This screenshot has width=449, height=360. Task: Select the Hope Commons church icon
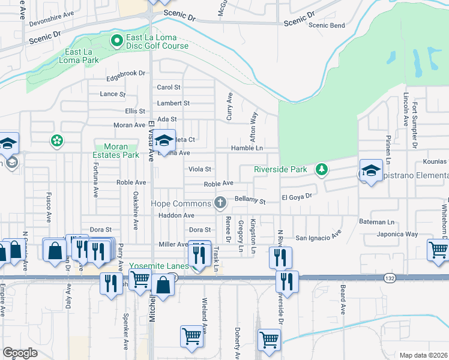tap(220, 202)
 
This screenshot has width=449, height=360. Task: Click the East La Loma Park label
tap(79, 56)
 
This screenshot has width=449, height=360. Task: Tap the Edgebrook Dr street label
tap(125, 73)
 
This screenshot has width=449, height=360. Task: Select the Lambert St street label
tap(173, 103)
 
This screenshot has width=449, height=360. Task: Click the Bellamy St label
tap(250, 199)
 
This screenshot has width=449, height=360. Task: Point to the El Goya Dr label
tap(297, 196)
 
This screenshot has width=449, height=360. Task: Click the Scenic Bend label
tap(327, 25)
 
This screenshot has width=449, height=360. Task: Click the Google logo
tap(20, 352)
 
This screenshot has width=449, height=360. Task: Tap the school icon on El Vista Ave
tap(164, 141)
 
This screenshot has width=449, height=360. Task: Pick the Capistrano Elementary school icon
tap(371, 170)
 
